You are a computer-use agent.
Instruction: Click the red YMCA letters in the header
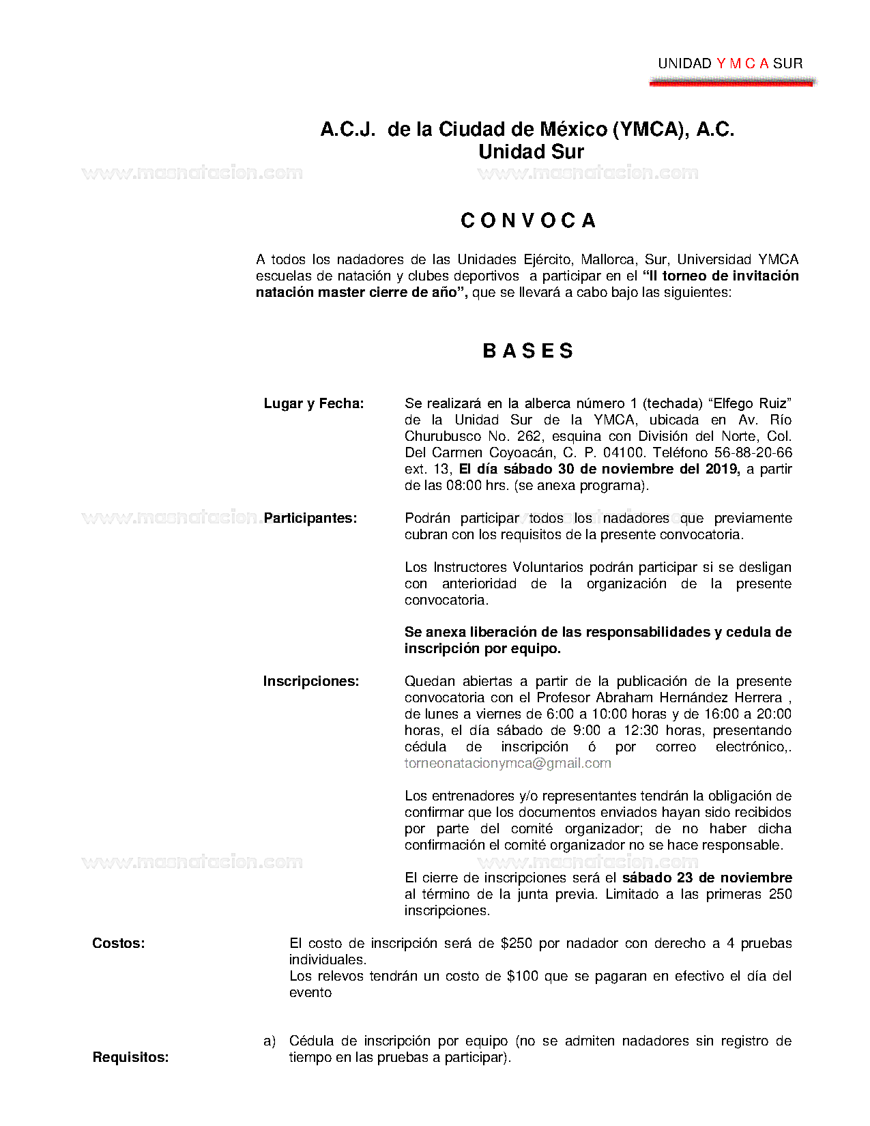[x=742, y=63]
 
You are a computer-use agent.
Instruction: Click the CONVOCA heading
[x=529, y=220]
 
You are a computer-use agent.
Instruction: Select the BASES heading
[x=528, y=351]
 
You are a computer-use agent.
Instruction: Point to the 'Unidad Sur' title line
[x=531, y=151]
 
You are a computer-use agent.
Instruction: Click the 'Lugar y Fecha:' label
[x=314, y=403]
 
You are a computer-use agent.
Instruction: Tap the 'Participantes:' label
[x=310, y=518]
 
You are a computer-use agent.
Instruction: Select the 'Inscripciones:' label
[x=311, y=681]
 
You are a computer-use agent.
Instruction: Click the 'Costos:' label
[x=119, y=943]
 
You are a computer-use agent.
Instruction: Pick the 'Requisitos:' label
[x=130, y=1057]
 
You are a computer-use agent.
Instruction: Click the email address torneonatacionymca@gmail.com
[x=508, y=763]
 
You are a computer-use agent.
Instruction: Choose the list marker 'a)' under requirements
[x=270, y=1041]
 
